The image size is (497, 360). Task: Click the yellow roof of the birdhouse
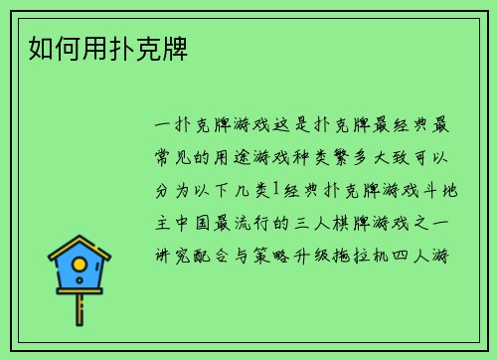coord(79,248)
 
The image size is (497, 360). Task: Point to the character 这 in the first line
coord(269,126)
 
